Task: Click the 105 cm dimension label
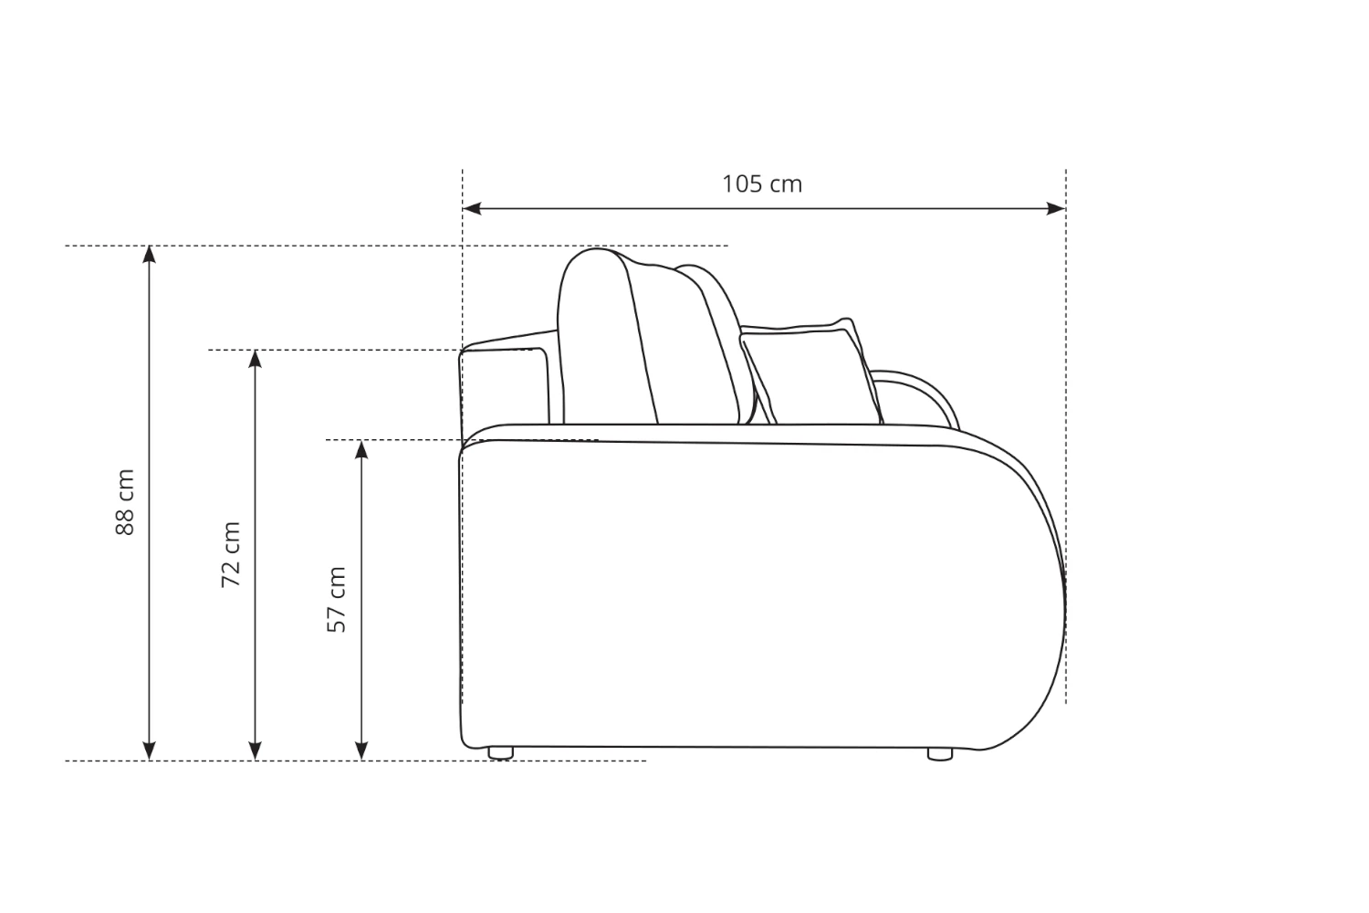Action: point(761,184)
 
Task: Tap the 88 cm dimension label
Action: point(125,503)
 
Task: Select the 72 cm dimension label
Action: point(230,555)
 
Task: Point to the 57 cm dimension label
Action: point(337,600)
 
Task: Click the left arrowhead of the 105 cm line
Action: point(472,208)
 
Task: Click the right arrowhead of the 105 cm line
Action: point(1056,208)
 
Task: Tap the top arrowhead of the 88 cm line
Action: point(149,255)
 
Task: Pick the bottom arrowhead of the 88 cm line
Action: point(149,751)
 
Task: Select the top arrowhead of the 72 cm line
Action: point(256,360)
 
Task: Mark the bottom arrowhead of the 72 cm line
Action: point(256,751)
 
